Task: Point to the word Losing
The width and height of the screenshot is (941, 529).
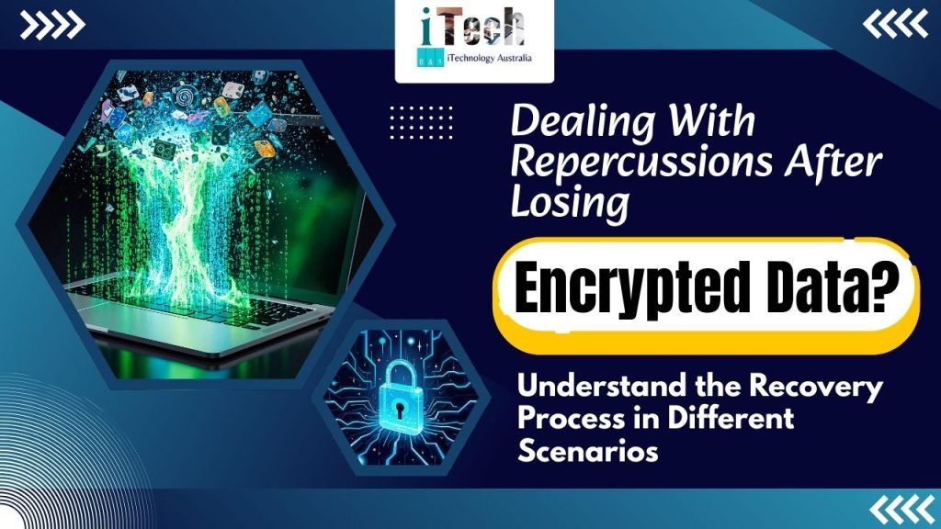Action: (x=571, y=204)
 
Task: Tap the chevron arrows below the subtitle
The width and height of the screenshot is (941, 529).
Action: (x=896, y=506)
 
